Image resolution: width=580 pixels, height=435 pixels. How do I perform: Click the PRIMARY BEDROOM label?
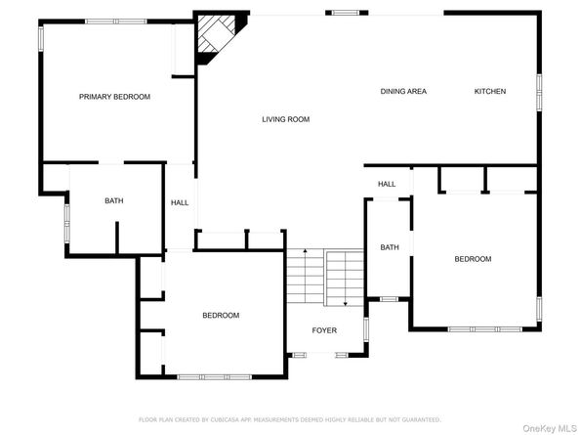coord(114,97)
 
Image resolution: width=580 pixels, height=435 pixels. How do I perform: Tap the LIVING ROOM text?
coord(285,120)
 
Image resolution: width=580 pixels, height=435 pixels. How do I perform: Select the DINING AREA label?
coord(403,92)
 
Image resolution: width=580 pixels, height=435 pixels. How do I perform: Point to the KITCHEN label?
coord(490,92)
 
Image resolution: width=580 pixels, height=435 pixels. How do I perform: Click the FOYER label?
coord(324,330)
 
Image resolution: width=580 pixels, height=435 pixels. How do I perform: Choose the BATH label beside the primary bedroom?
coord(114,201)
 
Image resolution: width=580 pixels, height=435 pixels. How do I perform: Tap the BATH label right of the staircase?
coord(390,247)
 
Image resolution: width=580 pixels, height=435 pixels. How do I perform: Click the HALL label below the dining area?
coord(387,184)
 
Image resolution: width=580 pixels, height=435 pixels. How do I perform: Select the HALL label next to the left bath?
coord(180,203)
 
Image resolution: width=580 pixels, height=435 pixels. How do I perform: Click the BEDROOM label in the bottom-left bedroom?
coord(221,315)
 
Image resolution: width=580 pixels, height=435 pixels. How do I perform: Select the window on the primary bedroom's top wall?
coord(115,22)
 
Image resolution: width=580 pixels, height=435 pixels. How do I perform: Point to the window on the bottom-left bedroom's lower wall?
coord(214,375)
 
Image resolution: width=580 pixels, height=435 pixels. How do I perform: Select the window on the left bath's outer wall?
coord(66,222)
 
